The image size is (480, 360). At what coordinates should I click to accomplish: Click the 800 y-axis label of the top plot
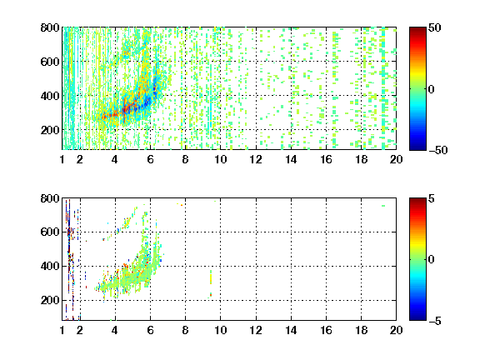[50, 27]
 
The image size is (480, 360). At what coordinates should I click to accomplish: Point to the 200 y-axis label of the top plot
[50, 130]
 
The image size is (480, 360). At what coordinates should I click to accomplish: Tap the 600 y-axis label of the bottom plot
[50, 232]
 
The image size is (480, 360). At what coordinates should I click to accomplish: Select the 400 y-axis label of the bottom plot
[50, 266]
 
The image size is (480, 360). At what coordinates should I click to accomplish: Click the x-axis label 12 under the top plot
[256, 159]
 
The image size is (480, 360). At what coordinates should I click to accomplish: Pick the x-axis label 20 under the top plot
[396, 159]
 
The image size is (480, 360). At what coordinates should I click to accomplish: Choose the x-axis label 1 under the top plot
[62, 159]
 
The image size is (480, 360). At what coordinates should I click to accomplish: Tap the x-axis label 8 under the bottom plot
[185, 330]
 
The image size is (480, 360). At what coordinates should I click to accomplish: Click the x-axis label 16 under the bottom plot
[326, 330]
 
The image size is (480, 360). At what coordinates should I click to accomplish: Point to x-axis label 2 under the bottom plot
[80, 330]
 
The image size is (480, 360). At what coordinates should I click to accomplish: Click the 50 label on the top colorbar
[434, 27]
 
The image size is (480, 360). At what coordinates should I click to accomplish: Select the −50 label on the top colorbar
[437, 150]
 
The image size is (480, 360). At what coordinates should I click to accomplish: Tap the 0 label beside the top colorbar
[432, 89]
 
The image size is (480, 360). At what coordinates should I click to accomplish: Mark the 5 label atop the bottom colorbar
[431, 198]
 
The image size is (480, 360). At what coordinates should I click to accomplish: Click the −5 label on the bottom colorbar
[434, 321]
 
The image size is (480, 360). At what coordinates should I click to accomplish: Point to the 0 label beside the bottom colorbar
[432, 260]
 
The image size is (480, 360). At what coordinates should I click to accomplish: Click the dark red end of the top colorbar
[417, 29]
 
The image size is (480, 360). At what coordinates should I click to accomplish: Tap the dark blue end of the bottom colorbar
[417, 318]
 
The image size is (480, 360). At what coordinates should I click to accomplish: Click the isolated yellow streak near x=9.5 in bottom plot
[211, 277]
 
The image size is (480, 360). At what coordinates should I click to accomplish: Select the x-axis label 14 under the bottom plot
[291, 330]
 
